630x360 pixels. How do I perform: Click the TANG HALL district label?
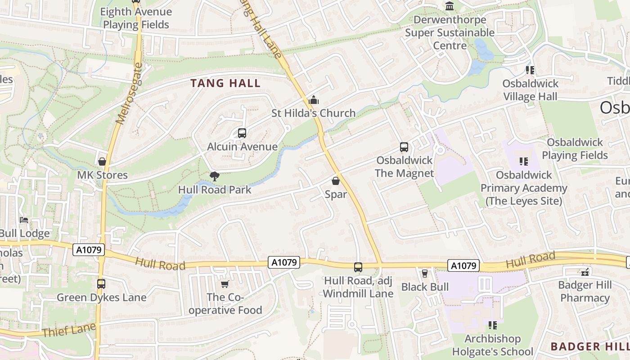(x=225, y=83)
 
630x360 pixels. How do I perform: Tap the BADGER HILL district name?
(x=589, y=346)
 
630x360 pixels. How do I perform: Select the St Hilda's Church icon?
(x=314, y=100)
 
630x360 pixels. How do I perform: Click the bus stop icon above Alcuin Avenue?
(x=242, y=133)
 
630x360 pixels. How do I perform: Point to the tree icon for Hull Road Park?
(x=215, y=176)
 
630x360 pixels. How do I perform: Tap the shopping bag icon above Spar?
(x=336, y=181)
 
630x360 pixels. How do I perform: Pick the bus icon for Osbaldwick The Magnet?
(x=404, y=147)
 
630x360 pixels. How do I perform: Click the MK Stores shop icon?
(x=102, y=162)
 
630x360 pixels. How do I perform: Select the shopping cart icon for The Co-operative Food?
(x=225, y=284)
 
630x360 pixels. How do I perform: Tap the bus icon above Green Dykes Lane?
(x=101, y=284)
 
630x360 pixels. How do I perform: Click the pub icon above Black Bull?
(x=424, y=274)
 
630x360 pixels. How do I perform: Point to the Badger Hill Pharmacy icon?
(x=585, y=272)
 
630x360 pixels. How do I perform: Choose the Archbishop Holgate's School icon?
(x=493, y=325)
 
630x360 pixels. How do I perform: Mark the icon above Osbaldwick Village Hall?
(x=530, y=70)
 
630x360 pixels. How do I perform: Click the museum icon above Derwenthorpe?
(x=450, y=6)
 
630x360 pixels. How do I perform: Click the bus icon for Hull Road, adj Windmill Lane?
(x=358, y=267)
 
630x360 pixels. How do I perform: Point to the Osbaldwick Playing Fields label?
(x=575, y=149)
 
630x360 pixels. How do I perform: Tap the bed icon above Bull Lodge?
(x=24, y=220)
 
